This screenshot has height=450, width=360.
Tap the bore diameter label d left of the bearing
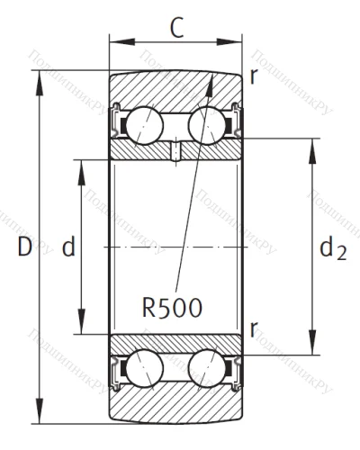(x=67, y=247)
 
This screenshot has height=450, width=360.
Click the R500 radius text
(x=172, y=306)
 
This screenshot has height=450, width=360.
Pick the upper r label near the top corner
(x=255, y=76)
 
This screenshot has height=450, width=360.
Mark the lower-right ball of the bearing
(x=206, y=369)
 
